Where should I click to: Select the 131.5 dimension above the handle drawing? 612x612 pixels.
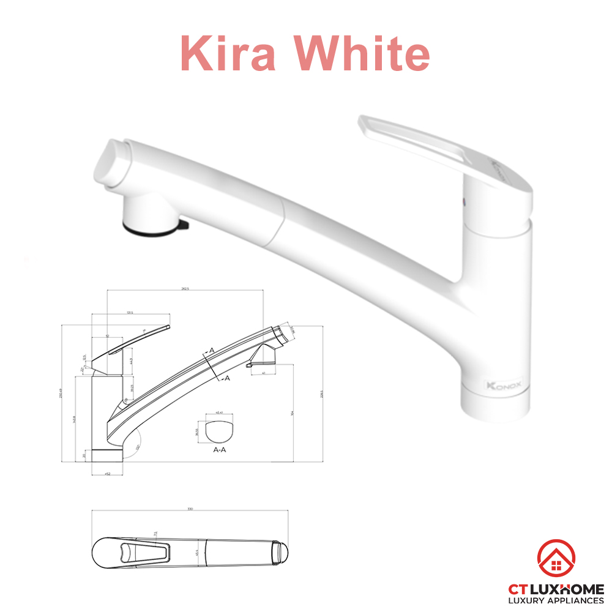130,313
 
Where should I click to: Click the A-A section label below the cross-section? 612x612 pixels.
219,449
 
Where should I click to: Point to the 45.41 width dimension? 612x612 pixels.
218,413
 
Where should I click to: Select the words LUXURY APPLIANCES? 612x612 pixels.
556,601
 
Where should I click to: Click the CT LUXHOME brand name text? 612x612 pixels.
556,589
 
